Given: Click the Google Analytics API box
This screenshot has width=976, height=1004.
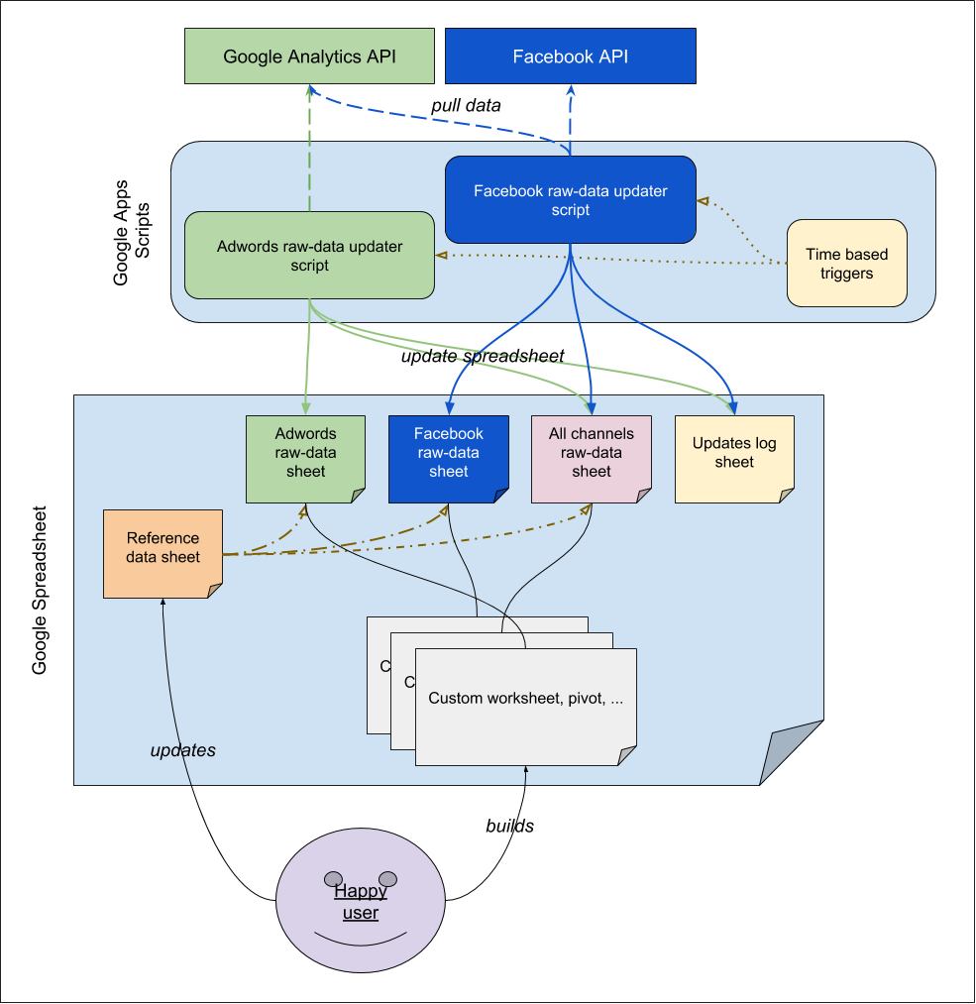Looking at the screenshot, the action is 309,56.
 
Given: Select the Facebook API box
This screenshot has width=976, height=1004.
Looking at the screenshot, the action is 570,56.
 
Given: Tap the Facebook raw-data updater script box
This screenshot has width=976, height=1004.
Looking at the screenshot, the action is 570,200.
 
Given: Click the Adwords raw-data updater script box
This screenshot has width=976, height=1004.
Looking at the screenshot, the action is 309,255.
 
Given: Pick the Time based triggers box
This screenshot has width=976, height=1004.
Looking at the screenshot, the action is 847,264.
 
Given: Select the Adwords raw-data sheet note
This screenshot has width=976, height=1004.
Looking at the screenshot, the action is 305,459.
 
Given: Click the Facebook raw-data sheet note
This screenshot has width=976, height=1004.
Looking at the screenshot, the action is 449,459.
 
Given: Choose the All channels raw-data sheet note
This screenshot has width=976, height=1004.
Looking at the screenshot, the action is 592,459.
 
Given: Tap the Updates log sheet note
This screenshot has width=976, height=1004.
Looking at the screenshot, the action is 734,459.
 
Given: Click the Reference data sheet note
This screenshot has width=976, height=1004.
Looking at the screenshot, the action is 163,554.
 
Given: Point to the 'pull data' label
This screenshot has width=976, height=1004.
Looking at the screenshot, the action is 466,106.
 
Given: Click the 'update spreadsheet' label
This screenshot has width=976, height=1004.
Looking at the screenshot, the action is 483,356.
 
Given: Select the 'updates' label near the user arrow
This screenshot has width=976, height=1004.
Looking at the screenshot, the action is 183,750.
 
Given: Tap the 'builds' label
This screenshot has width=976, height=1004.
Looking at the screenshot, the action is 509,826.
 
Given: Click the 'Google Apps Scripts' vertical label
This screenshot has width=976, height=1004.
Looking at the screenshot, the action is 131,233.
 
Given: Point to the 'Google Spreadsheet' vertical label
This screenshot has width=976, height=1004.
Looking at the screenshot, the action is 40,590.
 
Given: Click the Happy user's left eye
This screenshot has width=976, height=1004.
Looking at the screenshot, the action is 334,879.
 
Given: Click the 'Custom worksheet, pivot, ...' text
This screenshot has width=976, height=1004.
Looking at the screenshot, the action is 525,698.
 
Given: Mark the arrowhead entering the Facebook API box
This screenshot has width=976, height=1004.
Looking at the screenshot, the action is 571,90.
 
